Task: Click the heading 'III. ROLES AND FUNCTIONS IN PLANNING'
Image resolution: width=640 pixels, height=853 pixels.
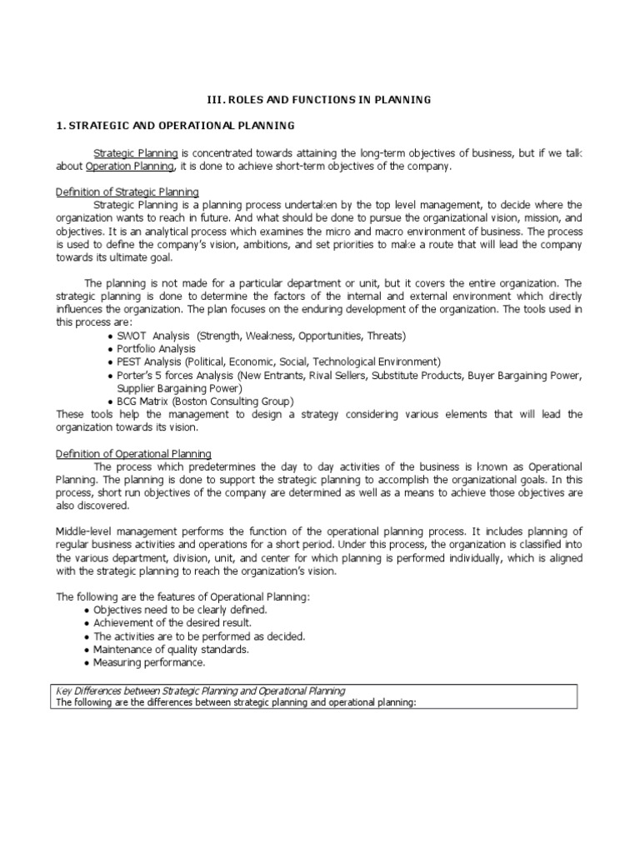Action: coord(319,100)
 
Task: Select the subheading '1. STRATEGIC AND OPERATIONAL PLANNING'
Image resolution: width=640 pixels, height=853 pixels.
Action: coord(175,126)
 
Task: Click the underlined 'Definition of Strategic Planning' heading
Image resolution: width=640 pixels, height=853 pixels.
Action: coord(127,192)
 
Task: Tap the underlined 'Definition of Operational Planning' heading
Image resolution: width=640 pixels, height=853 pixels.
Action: coord(132,454)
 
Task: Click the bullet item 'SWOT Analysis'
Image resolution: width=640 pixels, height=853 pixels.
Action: coord(154,336)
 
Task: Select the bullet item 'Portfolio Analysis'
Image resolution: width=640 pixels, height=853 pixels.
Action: coord(157,349)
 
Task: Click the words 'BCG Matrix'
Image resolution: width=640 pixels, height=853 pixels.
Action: coord(145,401)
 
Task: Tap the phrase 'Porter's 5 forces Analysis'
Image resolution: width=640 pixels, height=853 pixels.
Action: coord(177,375)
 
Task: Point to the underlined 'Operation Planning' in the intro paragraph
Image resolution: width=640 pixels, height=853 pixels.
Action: coord(130,166)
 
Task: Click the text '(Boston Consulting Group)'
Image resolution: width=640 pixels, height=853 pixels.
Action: coord(232,401)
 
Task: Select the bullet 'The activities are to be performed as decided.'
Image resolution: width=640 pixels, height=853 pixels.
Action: coord(198,636)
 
